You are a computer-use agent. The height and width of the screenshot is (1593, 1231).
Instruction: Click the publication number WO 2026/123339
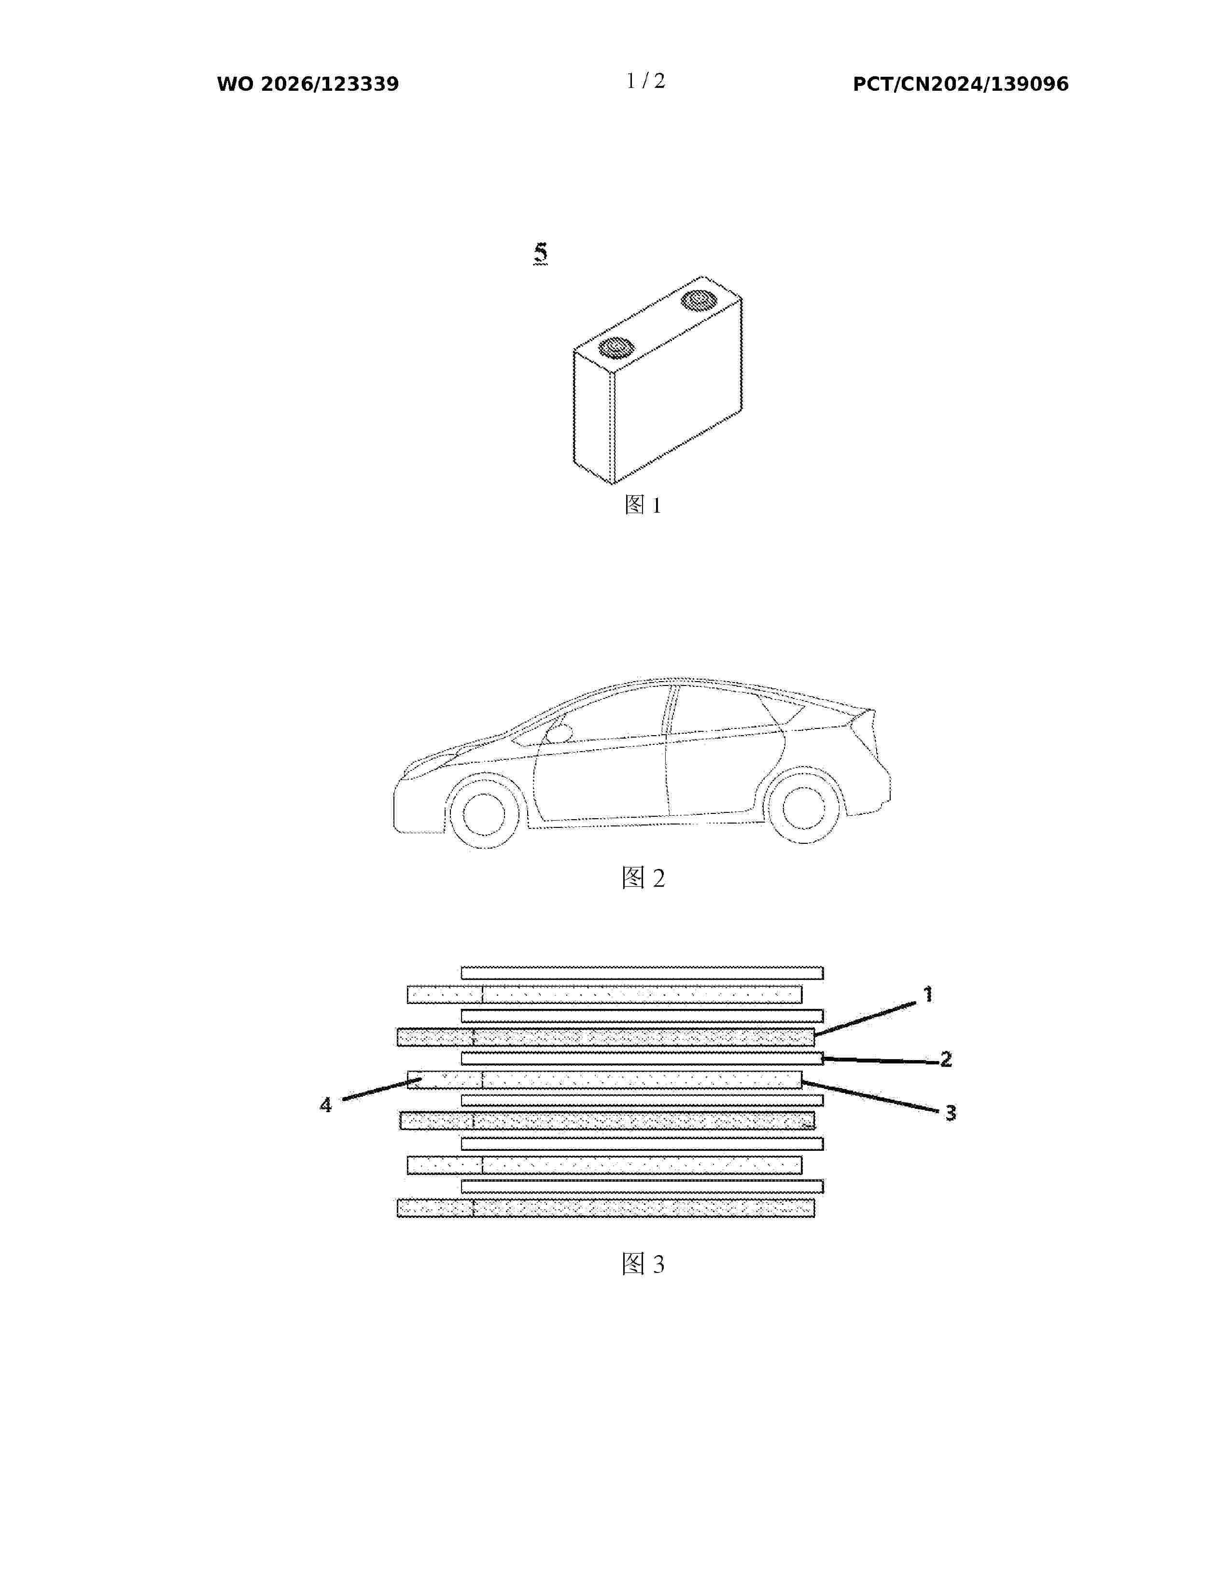[x=308, y=84]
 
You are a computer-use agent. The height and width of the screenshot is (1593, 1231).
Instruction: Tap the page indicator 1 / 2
[x=646, y=81]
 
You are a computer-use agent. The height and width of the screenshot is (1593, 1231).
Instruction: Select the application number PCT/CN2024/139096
[x=961, y=84]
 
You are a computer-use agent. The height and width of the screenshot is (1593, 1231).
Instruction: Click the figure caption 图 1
[x=643, y=505]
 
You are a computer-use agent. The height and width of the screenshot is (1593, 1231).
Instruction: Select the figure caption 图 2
[x=643, y=878]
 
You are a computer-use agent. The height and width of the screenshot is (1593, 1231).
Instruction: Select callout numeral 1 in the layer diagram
[x=928, y=994]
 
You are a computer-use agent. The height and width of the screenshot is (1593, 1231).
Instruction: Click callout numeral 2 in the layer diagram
[x=946, y=1059]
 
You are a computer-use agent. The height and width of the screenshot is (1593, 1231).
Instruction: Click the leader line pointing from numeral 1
[x=865, y=1019]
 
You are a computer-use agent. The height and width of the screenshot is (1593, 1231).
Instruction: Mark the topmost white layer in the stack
[x=642, y=973]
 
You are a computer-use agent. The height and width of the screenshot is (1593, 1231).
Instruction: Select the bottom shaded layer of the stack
[x=605, y=1209]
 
